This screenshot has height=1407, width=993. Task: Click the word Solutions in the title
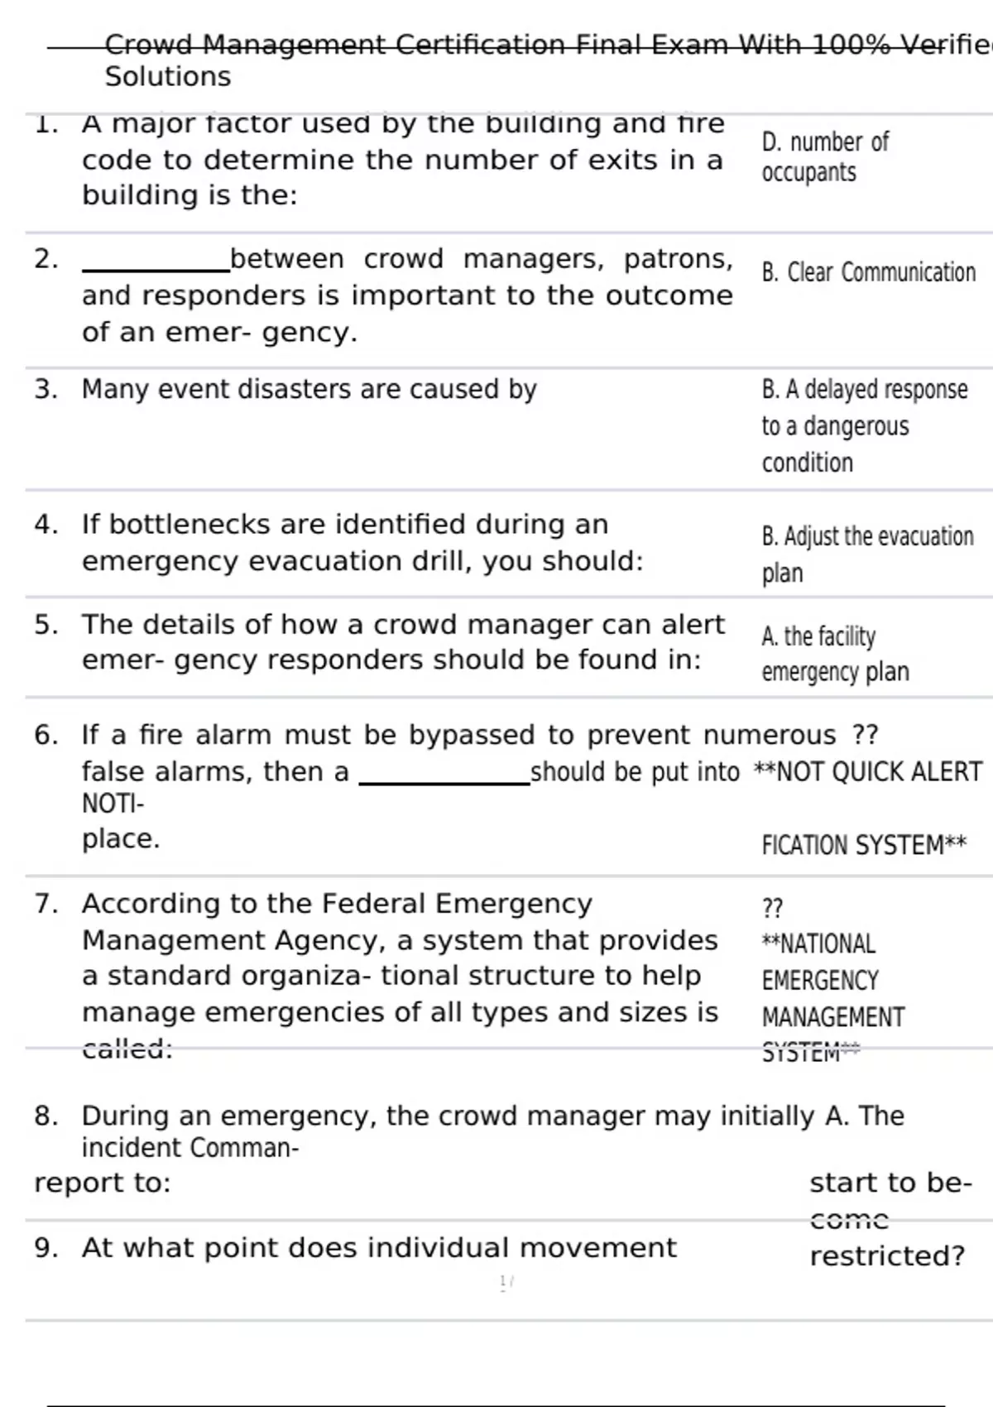[x=168, y=77]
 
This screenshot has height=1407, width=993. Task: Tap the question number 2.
[x=46, y=259]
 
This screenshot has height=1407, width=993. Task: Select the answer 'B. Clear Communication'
[x=868, y=272]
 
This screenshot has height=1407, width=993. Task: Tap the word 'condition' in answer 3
[x=807, y=463]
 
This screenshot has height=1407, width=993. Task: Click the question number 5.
[x=46, y=624]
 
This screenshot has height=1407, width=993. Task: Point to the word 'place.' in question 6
[x=121, y=839]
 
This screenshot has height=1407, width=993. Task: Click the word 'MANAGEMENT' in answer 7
[x=832, y=1017]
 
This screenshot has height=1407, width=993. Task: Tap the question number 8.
[x=46, y=1116]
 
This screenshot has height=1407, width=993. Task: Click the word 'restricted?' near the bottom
[x=887, y=1256]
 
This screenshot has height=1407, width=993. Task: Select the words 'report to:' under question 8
[x=102, y=1184]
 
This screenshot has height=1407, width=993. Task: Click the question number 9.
[x=46, y=1248]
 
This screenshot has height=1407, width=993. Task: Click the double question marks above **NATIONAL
[x=771, y=908]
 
